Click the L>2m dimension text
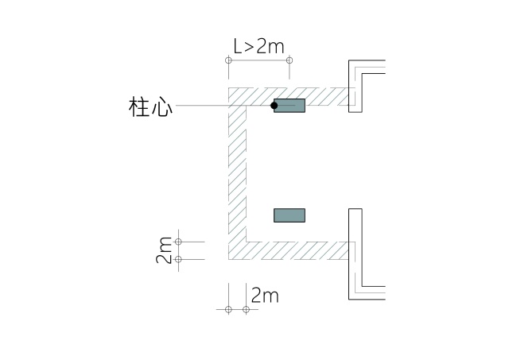pyautogui.click(x=258, y=47)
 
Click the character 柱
pyautogui.click(x=139, y=106)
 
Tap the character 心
pyautogui.click(x=161, y=106)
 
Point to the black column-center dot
pyautogui.click(x=274, y=105)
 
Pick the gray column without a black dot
pyautogui.click(x=289, y=215)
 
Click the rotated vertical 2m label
pyautogui.click(x=165, y=250)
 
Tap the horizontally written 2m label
pyautogui.click(x=264, y=296)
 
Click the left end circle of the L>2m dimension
pyautogui.click(x=228, y=60)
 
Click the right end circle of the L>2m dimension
pyautogui.click(x=289, y=60)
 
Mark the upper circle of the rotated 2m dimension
pyautogui.click(x=178, y=241)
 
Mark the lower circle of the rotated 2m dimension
pyautogui.click(x=178, y=259)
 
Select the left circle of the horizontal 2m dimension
pyautogui.click(x=228, y=309)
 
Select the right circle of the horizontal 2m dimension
pyautogui.click(x=247, y=309)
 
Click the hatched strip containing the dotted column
pyautogui.click(x=326, y=96)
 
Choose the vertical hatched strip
pyautogui.click(x=237, y=175)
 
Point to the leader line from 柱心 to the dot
pyautogui.click(x=223, y=106)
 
